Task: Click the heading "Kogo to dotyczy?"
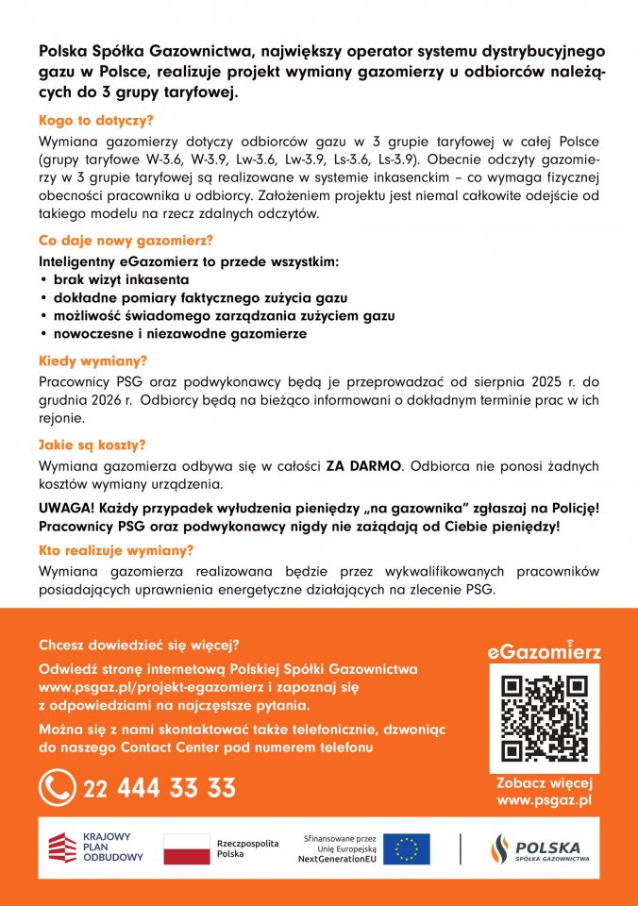96,121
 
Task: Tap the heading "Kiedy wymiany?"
92,361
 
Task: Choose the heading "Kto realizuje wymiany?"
116,550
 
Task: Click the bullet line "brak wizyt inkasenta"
121,280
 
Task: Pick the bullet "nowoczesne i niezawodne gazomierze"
179,334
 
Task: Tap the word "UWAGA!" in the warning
67,508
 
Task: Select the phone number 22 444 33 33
159,788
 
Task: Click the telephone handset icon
58,788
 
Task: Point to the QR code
544,718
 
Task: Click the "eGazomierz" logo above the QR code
544,651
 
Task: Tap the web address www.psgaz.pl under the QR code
544,800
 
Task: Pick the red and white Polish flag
187,848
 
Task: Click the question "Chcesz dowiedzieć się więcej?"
139,646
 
